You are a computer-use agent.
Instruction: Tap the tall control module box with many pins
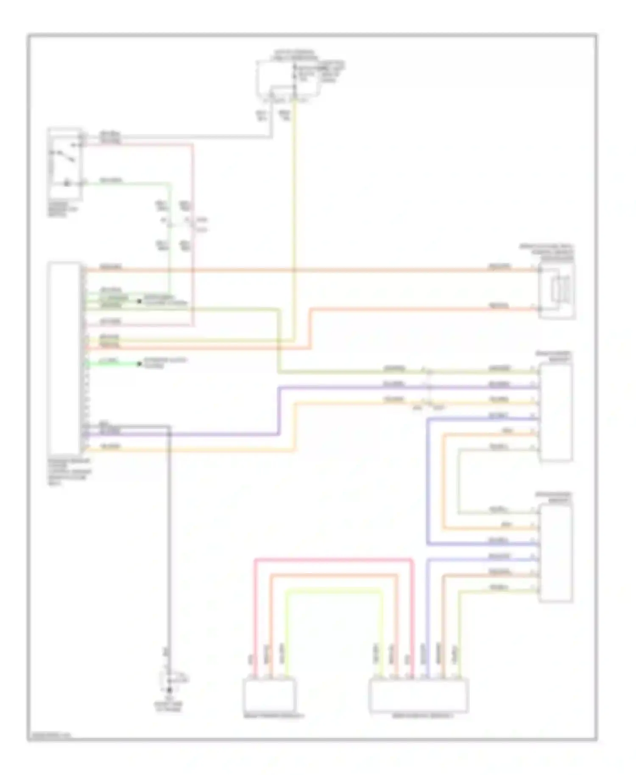64,358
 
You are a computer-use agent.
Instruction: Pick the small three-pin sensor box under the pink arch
269,694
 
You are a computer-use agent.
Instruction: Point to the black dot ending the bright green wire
139,364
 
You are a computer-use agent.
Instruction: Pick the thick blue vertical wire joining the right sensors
428,479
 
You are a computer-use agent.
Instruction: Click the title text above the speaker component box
547,252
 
